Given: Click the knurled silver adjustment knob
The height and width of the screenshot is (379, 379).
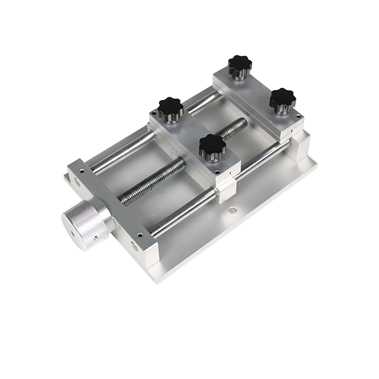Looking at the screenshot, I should [85, 222].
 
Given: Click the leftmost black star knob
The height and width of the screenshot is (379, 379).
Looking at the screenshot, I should [171, 109].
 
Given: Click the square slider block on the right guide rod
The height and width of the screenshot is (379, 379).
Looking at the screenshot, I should [224, 188].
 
